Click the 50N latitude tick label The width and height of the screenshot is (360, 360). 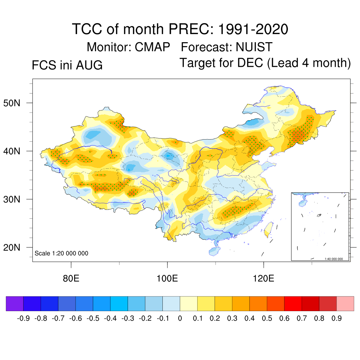pos(12,103)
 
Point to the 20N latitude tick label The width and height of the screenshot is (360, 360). pos(12,247)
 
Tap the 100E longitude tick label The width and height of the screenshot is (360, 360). pos(167,278)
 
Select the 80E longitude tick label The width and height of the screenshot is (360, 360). pos(71,278)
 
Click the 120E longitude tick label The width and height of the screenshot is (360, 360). pos(264,278)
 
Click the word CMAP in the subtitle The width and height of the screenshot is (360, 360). pos(153,47)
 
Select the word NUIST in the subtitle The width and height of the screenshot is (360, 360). pos(254,47)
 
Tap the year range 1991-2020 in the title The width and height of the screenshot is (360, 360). pos(253,29)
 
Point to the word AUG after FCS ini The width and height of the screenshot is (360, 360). pos(89,65)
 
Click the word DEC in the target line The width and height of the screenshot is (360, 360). pos(250,63)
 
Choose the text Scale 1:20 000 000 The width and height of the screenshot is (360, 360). pos(61,253)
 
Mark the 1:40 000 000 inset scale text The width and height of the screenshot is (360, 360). pos(334,259)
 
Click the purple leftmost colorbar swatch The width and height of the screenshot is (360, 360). pos(15,303)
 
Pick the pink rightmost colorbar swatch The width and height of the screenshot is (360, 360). pos(345,303)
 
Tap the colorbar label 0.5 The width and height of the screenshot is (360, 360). pos(267,318)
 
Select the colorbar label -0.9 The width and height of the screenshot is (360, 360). pos(24,318)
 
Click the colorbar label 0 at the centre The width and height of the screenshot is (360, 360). pos(180,318)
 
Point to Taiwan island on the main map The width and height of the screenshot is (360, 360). pos(268,230)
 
